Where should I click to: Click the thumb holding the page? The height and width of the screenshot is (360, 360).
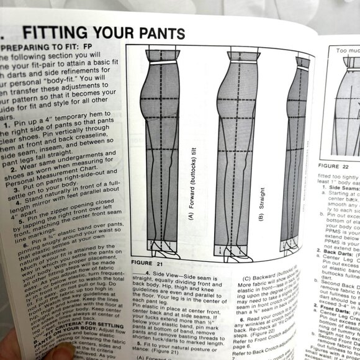point(25,348)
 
